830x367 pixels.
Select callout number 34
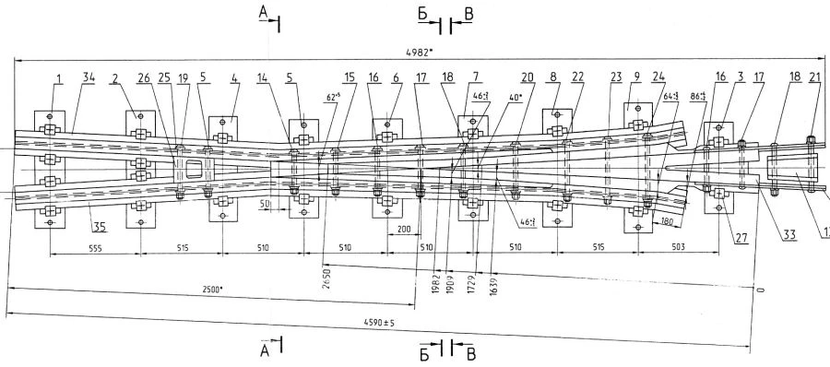pyautogui.click(x=89, y=79)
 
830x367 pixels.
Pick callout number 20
pyautogui.click(x=527, y=79)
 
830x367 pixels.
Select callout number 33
pyautogui.click(x=789, y=235)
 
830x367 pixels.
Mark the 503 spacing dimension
pyautogui.click(x=678, y=247)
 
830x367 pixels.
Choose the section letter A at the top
pyautogui.click(x=265, y=11)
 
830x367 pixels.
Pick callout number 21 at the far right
pyautogui.click(x=813, y=79)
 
